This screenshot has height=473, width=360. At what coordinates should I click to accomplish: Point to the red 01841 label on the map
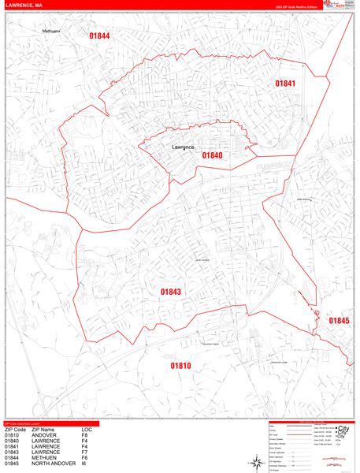click(x=284, y=84)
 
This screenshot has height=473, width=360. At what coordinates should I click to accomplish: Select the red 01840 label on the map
click(x=212, y=155)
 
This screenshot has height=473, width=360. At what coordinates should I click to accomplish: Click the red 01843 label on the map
click(x=171, y=292)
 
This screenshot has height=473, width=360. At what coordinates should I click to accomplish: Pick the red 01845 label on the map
click(x=339, y=320)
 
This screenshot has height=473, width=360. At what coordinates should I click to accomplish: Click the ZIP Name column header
click(x=46, y=430)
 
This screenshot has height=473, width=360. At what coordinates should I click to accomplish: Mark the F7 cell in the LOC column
click(x=84, y=452)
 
